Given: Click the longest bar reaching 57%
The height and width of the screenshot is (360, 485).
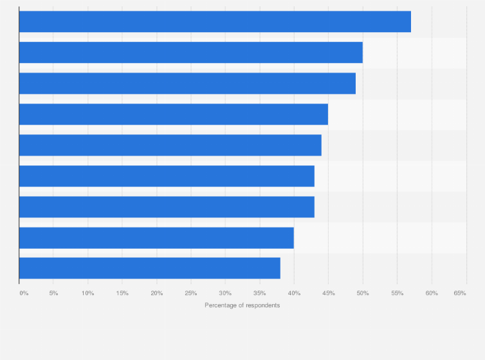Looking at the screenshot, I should (215, 22).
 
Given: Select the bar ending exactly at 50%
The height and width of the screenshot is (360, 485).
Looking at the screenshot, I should (191, 53).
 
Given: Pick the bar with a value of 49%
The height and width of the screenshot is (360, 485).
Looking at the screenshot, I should (187, 84).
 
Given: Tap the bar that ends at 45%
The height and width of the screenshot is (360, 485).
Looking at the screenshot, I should (174, 114).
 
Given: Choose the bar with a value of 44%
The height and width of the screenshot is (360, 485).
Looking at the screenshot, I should (170, 145).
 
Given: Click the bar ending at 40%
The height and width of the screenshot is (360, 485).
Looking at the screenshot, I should (156, 238).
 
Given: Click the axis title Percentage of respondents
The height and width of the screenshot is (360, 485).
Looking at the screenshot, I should (243, 305).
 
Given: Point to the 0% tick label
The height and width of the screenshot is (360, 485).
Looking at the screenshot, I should (24, 293).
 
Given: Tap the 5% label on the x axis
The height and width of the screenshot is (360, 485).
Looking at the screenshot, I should (53, 293).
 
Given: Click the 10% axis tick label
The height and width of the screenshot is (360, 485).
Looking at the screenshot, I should (88, 293).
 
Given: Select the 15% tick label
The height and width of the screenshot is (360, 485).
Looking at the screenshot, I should (122, 293).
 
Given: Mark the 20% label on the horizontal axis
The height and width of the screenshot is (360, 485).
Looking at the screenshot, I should (157, 293).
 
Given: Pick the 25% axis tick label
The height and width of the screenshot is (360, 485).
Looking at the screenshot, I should (191, 293).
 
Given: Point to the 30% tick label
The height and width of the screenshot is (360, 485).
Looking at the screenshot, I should (225, 293).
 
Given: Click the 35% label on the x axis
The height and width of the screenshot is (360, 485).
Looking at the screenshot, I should (260, 293).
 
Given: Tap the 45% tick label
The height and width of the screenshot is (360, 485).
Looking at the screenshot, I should (328, 293).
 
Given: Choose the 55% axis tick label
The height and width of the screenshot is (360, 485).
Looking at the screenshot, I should (397, 293).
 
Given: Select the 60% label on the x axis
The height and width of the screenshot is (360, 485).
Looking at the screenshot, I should (432, 293).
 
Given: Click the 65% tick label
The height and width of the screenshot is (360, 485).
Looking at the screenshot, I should (460, 293).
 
